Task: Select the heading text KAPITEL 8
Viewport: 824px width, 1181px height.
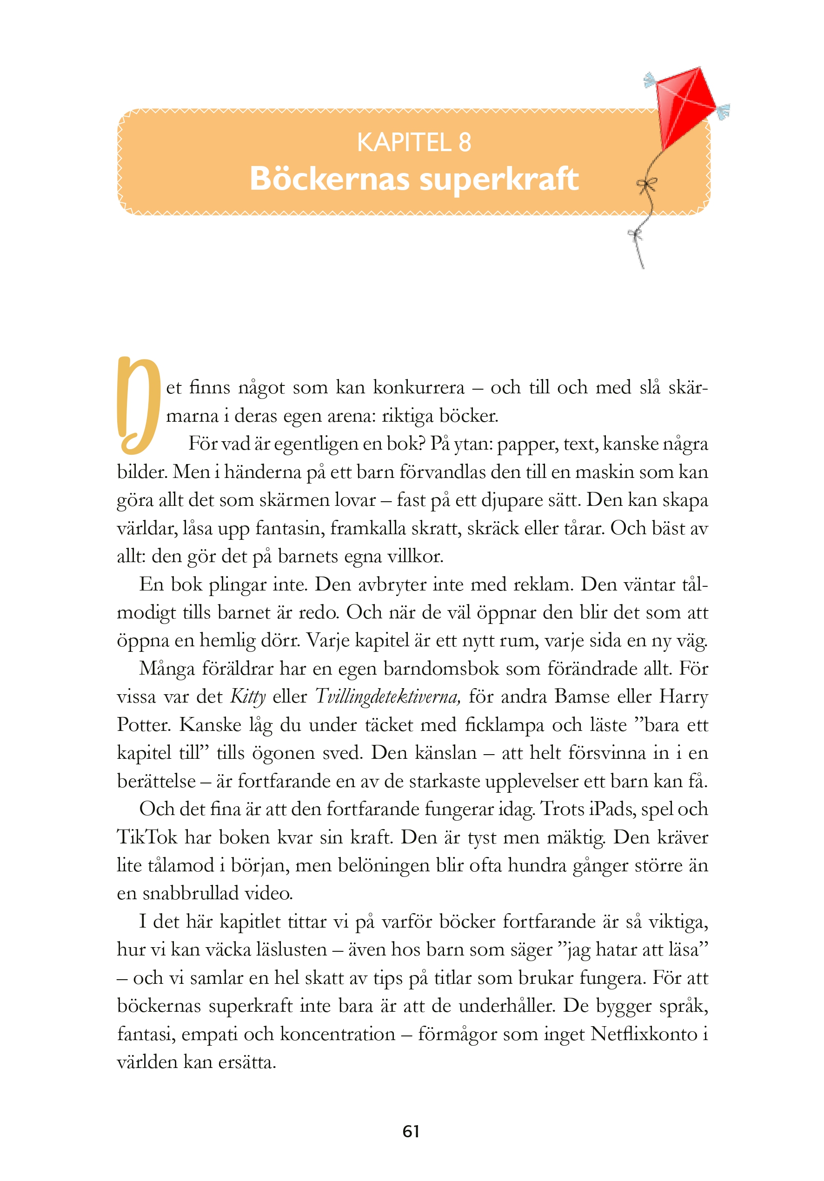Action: pos(414,142)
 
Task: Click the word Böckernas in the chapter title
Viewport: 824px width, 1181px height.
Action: pos(330,179)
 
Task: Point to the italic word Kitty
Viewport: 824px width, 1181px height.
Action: pos(248,697)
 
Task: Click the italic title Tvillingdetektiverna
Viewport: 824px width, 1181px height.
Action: pos(388,697)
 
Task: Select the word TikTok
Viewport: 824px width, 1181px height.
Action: pos(147,837)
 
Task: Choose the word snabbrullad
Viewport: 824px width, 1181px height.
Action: pos(190,894)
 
